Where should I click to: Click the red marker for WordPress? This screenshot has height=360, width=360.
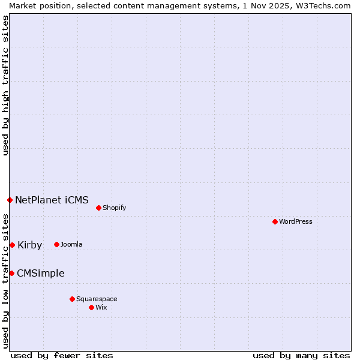[275, 221]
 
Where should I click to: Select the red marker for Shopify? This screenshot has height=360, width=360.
[98, 208]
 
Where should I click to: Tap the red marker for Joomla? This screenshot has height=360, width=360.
[56, 244]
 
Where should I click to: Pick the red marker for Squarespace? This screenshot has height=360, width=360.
[72, 299]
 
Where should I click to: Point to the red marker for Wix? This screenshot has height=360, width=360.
[91, 307]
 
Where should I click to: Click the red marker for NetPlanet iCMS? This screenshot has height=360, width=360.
[10, 200]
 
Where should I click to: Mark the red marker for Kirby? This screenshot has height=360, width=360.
[12, 245]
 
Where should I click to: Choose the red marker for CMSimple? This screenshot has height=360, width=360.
[11, 274]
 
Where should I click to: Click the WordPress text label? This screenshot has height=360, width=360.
[296, 221]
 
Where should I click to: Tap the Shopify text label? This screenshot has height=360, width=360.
[114, 208]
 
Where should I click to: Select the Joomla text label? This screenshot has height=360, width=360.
[71, 244]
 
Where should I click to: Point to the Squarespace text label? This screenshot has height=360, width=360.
[97, 299]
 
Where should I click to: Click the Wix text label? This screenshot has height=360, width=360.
[101, 307]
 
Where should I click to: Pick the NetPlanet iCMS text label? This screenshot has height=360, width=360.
[52, 200]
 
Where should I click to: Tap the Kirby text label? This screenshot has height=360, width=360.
[30, 245]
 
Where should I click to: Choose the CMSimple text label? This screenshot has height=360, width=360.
[40, 274]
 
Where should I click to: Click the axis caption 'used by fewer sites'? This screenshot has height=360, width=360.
[62, 355]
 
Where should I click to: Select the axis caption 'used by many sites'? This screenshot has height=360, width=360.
[301, 355]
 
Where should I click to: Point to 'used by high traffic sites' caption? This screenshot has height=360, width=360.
[6, 85]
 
